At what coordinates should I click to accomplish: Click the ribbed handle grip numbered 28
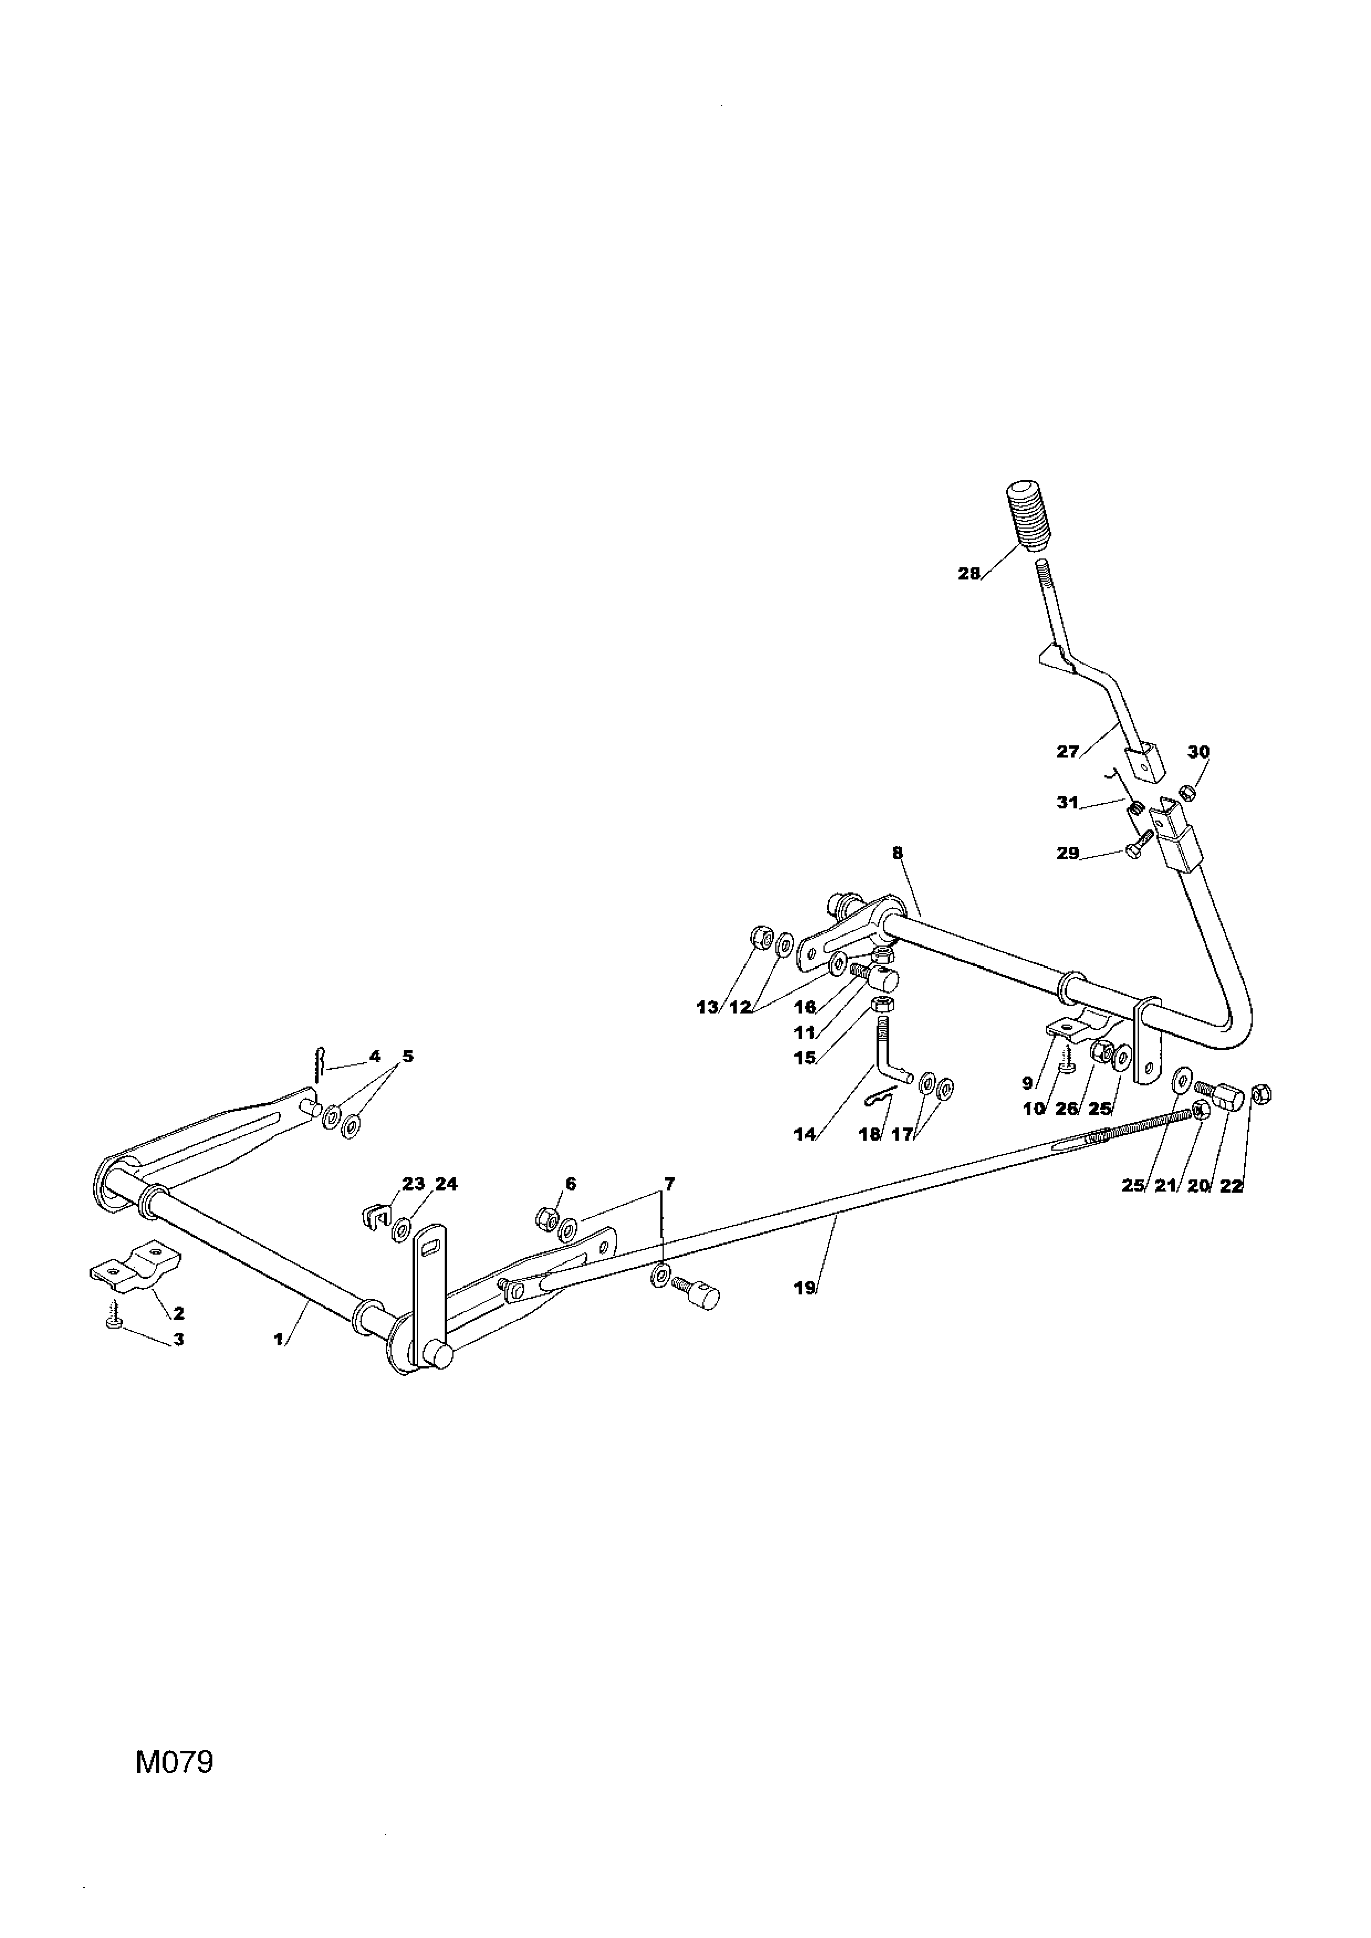click(1028, 516)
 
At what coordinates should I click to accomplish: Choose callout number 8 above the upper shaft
click(898, 853)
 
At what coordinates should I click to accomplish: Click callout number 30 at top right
click(1199, 751)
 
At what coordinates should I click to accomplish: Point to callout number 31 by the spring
click(1068, 803)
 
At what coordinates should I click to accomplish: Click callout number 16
click(805, 1007)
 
